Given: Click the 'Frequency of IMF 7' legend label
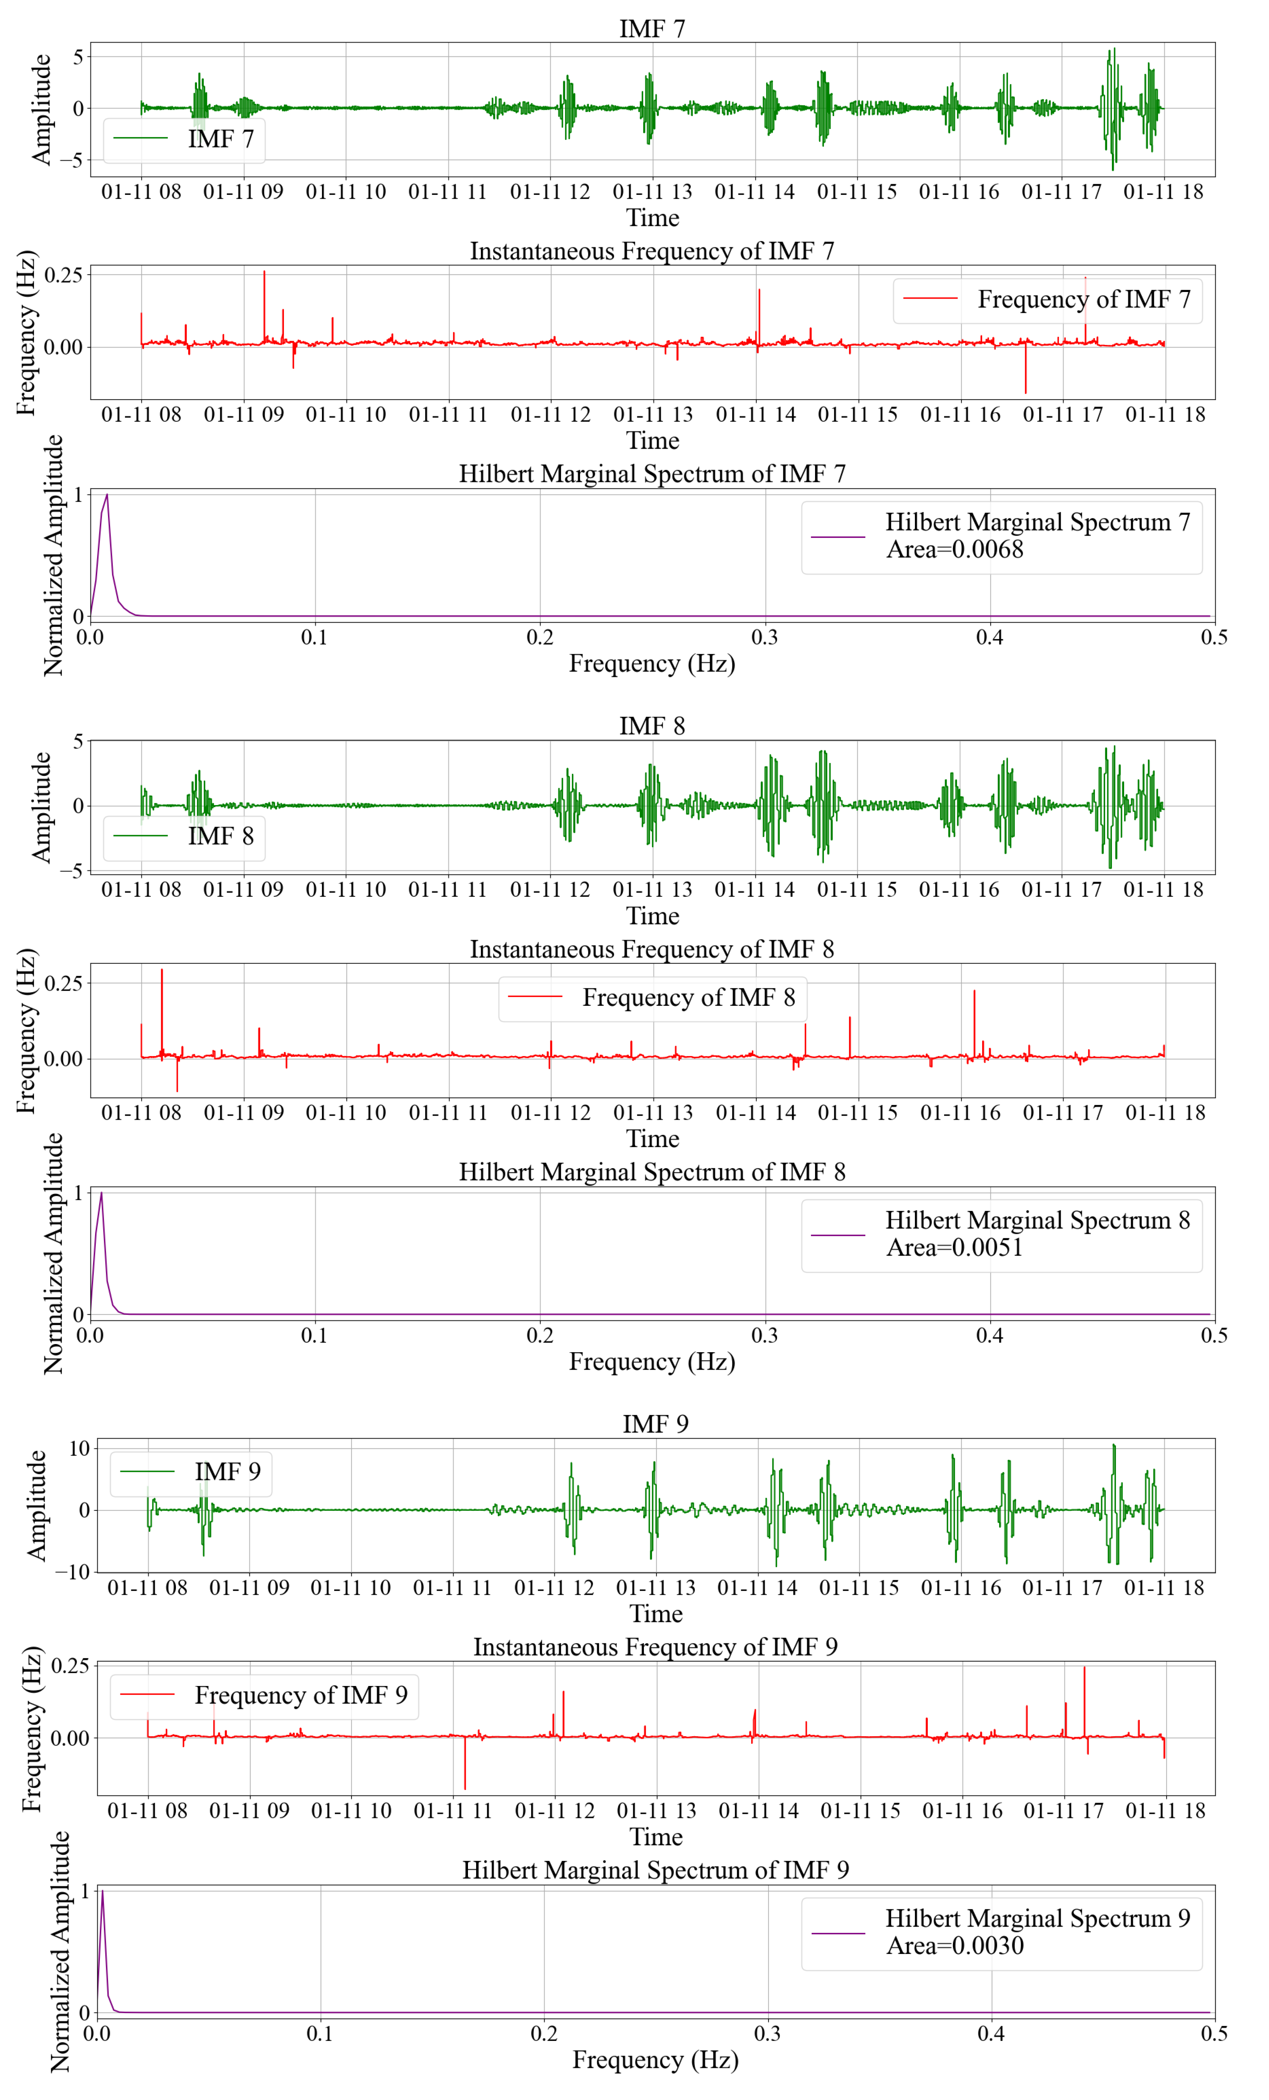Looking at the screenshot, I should (1082, 299).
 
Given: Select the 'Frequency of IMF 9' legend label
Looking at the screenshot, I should (300, 1695).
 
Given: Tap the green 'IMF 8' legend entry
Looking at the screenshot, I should (220, 836).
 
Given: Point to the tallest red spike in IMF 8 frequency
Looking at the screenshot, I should (162, 970).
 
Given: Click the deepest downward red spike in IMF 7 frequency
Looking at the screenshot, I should (1025, 392).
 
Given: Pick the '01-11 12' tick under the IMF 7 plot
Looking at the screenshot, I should (550, 192).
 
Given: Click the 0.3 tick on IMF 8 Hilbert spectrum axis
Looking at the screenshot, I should (764, 1336).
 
